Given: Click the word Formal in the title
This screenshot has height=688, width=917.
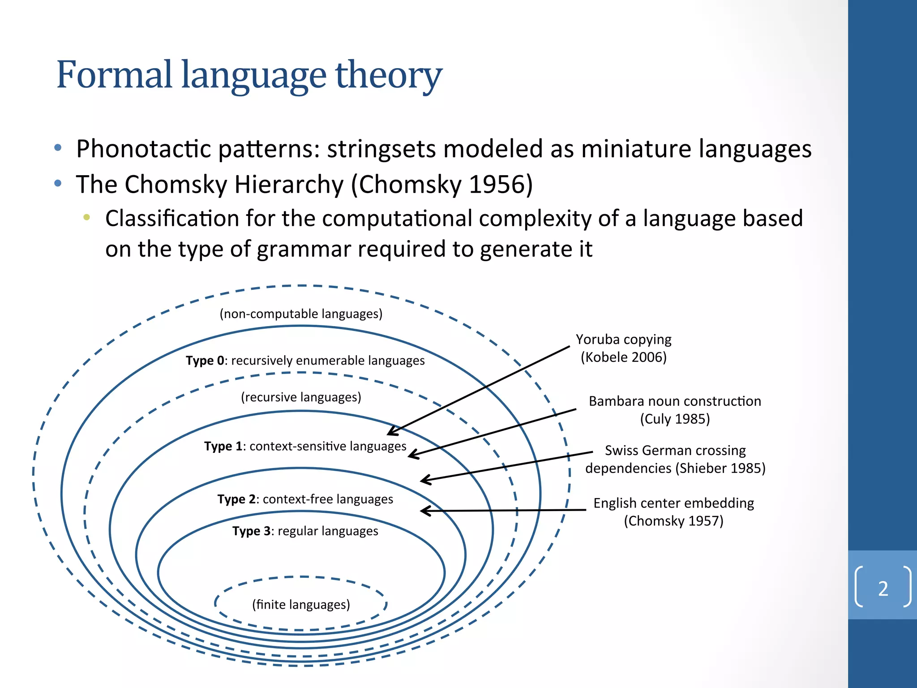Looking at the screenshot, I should click(114, 75).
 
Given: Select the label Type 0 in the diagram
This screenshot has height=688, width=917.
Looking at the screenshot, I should click(204, 361).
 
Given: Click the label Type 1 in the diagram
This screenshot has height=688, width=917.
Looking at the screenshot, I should click(223, 446).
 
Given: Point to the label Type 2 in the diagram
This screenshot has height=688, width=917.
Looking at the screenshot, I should click(236, 499).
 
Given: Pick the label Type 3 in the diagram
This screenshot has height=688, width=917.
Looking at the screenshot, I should click(251, 531).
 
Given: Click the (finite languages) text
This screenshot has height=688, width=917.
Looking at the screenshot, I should click(301, 605).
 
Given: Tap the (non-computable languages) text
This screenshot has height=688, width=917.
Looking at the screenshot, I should click(301, 314).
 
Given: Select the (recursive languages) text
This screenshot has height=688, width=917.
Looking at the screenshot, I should click(301, 397).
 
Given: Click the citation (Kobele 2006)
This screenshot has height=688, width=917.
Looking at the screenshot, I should click(624, 357).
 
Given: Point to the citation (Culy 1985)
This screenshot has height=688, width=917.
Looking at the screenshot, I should click(675, 419).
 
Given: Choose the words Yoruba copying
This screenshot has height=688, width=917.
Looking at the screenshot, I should click(623, 340).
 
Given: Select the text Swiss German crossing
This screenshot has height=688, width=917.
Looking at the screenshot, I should click(675, 450).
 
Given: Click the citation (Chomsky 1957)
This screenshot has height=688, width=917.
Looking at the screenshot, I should click(673, 521).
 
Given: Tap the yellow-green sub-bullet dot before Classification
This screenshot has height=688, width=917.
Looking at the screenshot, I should click(86, 218).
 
